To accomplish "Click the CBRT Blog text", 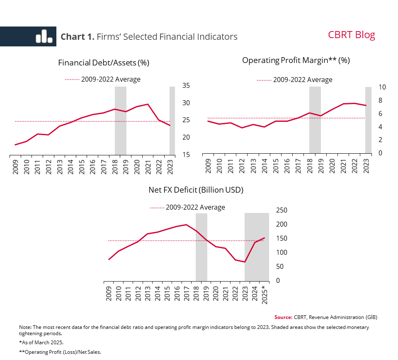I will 351,35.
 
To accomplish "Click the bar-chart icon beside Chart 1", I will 44,36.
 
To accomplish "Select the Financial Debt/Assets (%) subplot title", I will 104,63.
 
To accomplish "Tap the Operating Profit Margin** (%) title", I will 296,60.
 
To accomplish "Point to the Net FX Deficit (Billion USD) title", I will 196,190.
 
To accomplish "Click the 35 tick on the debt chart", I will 186,86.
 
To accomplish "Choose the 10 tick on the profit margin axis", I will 382,87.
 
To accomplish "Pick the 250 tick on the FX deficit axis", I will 282,210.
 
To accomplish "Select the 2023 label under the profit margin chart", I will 366,164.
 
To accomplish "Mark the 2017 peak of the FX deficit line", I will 186,225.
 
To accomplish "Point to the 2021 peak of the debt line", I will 148,104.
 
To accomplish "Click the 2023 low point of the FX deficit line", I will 245,262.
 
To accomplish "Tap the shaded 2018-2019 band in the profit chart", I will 315,120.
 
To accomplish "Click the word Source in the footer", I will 283,317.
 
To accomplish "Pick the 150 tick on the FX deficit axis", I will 282,239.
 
